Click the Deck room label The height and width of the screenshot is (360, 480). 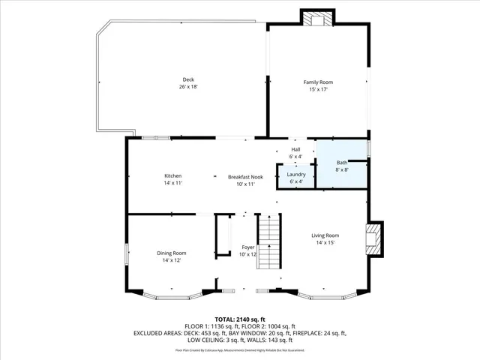click(x=187, y=79)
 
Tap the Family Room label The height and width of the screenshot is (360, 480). click(x=318, y=82)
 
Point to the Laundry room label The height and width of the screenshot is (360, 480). click(x=296, y=174)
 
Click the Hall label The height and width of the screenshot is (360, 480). click(x=296, y=148)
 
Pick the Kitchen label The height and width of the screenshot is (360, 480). click(x=173, y=176)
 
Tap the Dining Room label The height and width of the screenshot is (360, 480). click(x=171, y=253)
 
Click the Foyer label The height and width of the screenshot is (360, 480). click(x=248, y=247)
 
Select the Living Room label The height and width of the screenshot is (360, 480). click(x=325, y=235)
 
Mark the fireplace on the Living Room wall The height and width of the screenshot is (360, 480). click(x=373, y=238)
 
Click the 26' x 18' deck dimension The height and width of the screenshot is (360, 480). click(x=187, y=87)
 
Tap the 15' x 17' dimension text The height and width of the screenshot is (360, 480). click(x=318, y=89)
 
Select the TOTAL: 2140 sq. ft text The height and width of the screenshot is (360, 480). click(x=240, y=319)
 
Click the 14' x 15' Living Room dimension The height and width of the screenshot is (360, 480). click(x=325, y=243)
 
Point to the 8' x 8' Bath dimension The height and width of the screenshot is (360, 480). click(x=342, y=169)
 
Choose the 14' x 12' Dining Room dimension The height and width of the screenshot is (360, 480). click(x=171, y=260)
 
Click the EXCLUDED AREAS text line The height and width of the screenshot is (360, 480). click(x=240, y=332)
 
